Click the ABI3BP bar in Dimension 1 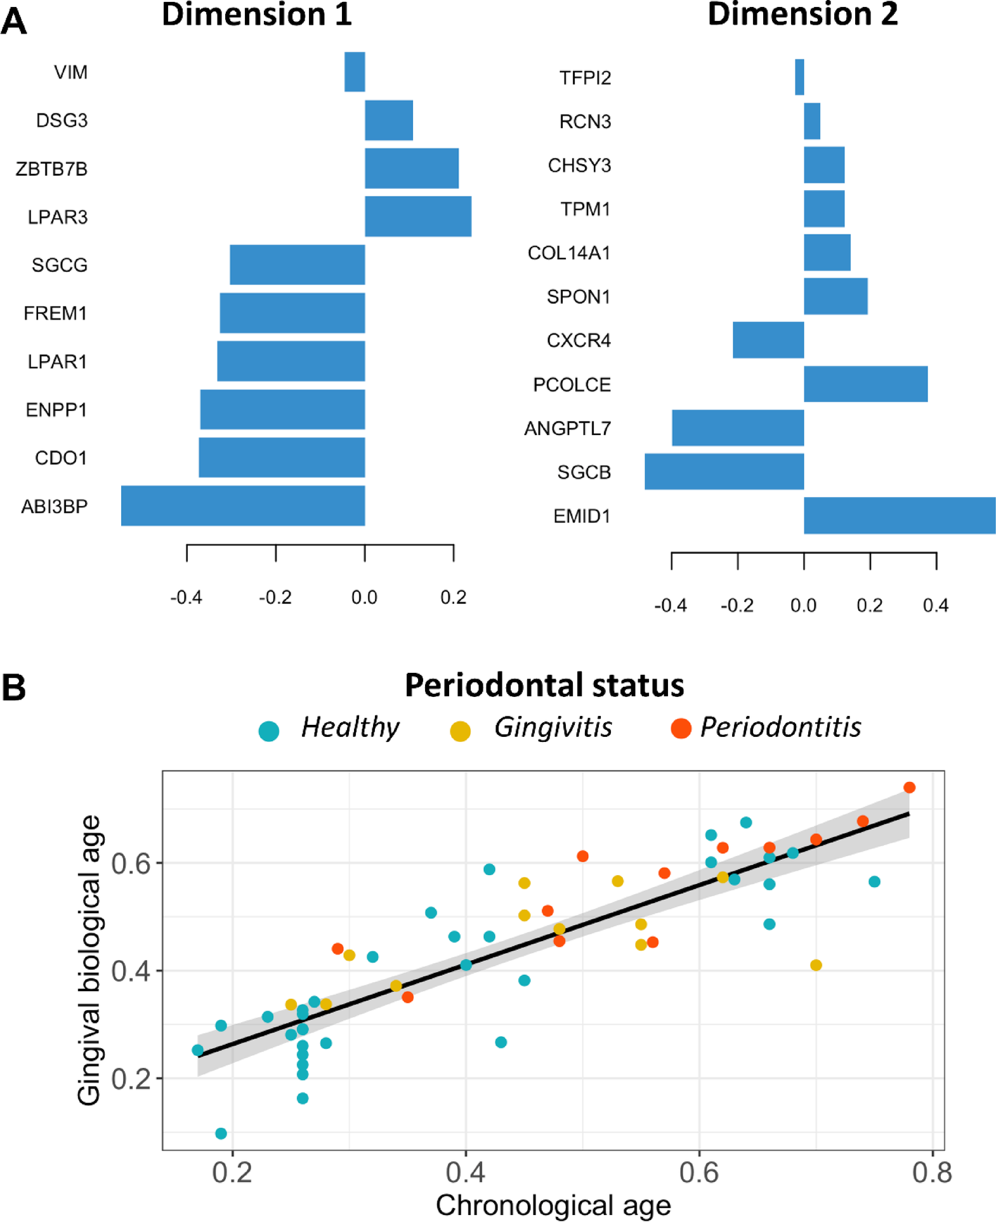pos(243,505)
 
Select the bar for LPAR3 pos(417,216)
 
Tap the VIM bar pos(355,72)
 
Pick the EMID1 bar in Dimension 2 pos(899,516)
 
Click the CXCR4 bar pos(768,340)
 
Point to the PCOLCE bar pos(865,384)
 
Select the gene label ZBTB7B pos(51,169)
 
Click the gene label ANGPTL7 pos(567,429)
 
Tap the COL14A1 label pos(568,253)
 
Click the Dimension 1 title pos(256,15)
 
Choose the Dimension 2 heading pos(802,15)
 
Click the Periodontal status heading pos(544,685)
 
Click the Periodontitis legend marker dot pos(681,729)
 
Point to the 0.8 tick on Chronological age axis pos(932,1173)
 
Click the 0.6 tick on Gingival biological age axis pos(131,863)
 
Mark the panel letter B pos(14,687)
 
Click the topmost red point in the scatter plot pos(909,788)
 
